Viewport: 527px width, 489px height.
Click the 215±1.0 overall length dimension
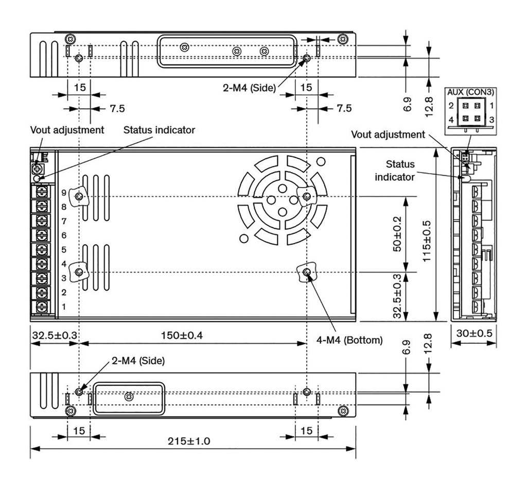click(189, 441)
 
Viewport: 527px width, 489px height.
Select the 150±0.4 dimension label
click(182, 335)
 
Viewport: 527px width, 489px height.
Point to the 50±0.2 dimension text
click(396, 234)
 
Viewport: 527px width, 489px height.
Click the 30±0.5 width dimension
click(473, 333)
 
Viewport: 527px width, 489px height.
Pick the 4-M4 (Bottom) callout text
click(350, 340)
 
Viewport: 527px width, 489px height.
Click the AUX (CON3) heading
click(470, 93)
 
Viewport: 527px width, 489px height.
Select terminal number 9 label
click(64, 194)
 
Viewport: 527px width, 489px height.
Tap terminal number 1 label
click(64, 307)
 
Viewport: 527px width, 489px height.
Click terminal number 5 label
click(64, 250)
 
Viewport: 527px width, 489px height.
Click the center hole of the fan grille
click(282, 200)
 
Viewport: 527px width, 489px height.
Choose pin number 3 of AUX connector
click(491, 120)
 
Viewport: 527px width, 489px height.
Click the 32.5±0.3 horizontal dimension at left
click(55, 335)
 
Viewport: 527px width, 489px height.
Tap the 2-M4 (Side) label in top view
click(249, 87)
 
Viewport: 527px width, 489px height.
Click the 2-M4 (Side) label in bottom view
click(138, 361)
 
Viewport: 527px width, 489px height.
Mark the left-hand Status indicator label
click(159, 130)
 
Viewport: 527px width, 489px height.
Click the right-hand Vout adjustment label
click(388, 134)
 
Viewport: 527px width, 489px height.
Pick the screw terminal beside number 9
click(41, 193)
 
